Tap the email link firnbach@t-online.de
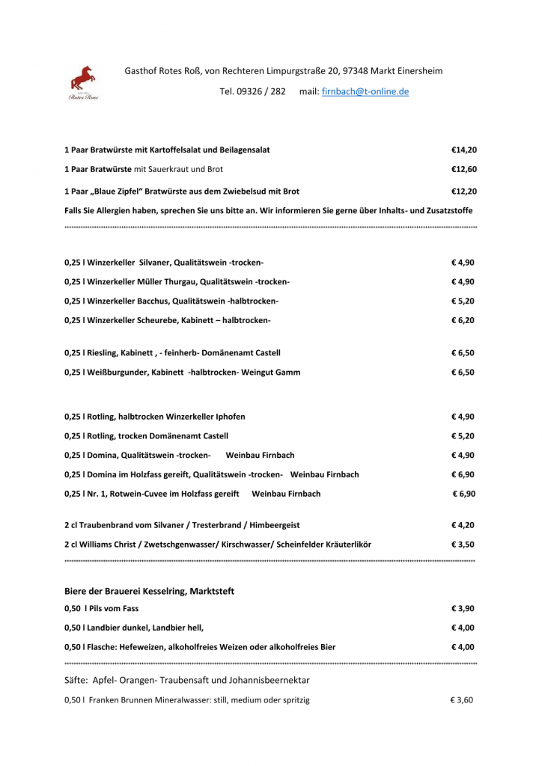(x=365, y=91)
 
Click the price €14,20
(x=463, y=150)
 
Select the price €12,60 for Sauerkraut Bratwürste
(x=463, y=169)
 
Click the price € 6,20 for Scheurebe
(x=463, y=320)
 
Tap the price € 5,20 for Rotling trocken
(x=463, y=435)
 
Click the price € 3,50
(x=463, y=545)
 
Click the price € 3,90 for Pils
(x=463, y=608)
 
